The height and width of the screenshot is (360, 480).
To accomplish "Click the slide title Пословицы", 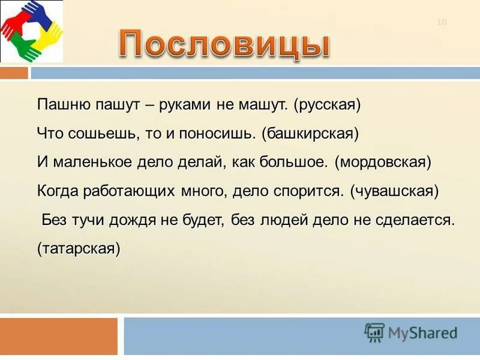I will coord(223,44).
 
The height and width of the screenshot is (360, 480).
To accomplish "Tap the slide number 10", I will coord(442,23).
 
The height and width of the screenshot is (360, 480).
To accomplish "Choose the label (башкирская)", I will coord(310,133).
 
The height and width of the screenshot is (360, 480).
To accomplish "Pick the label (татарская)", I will coord(79,248).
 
